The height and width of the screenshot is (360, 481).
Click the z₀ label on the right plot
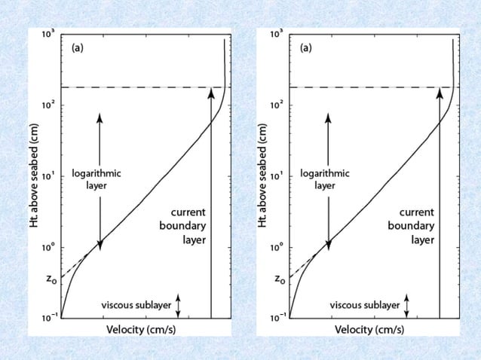click(x=280, y=279)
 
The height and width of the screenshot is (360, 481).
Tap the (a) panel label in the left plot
click(x=78, y=48)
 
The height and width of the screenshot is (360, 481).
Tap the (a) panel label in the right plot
click(x=307, y=48)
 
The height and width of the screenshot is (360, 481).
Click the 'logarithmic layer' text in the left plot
click(x=96, y=178)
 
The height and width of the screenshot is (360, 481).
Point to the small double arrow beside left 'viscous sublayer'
click(x=178, y=305)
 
